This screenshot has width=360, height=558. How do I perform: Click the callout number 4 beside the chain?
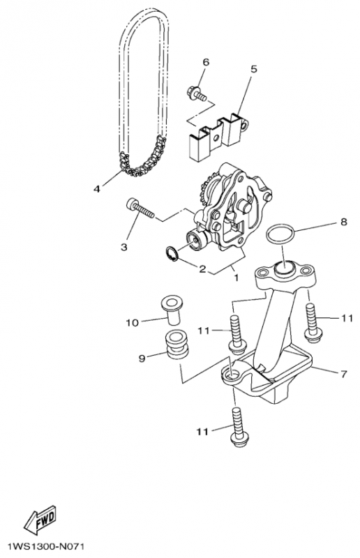click(x=97, y=189)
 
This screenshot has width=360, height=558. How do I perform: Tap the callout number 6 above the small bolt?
click(x=206, y=62)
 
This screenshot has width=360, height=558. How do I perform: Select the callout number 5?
click(x=253, y=69)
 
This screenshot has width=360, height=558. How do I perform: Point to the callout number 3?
click(x=124, y=247)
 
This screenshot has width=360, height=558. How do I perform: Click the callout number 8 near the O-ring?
click(x=344, y=222)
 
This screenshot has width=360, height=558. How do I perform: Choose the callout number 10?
click(x=132, y=323)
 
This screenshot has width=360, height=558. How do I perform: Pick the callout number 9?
click(x=142, y=359)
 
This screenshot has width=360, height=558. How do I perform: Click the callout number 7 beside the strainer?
click(x=344, y=374)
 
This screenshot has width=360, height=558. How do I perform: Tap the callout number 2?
click(x=202, y=269)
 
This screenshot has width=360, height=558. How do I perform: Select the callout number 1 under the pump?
click(x=236, y=277)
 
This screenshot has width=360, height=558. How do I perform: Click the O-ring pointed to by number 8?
click(x=280, y=234)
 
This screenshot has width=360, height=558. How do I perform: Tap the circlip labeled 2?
click(x=172, y=254)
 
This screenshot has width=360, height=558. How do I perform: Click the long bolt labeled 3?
click(x=140, y=209)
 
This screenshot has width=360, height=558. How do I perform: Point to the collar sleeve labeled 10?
click(x=170, y=310)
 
